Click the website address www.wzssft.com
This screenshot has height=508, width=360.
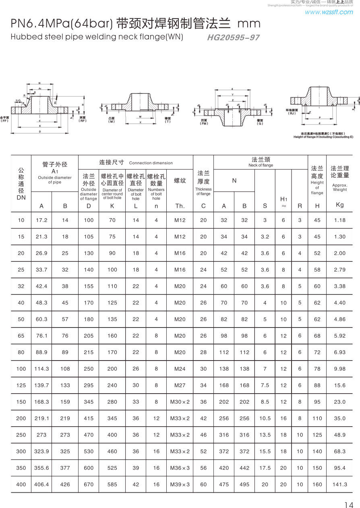329,12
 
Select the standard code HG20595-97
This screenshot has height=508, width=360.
233,38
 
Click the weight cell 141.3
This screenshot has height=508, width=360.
340,484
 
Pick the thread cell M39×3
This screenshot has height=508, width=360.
180,484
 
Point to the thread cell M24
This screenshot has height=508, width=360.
180,369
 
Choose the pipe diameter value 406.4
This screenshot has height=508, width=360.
41,484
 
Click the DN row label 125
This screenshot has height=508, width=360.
21,385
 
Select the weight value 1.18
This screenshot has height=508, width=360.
340,220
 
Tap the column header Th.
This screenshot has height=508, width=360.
180,206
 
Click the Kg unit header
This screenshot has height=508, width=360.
340,205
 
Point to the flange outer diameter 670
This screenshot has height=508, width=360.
89,484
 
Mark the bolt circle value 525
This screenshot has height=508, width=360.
112,468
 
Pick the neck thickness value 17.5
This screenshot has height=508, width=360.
265,468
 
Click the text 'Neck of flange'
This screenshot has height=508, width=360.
261,165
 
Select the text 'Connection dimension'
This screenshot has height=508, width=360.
151,163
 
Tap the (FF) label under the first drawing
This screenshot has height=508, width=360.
5,120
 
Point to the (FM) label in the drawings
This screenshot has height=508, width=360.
204,123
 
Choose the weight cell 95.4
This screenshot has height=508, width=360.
340,468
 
